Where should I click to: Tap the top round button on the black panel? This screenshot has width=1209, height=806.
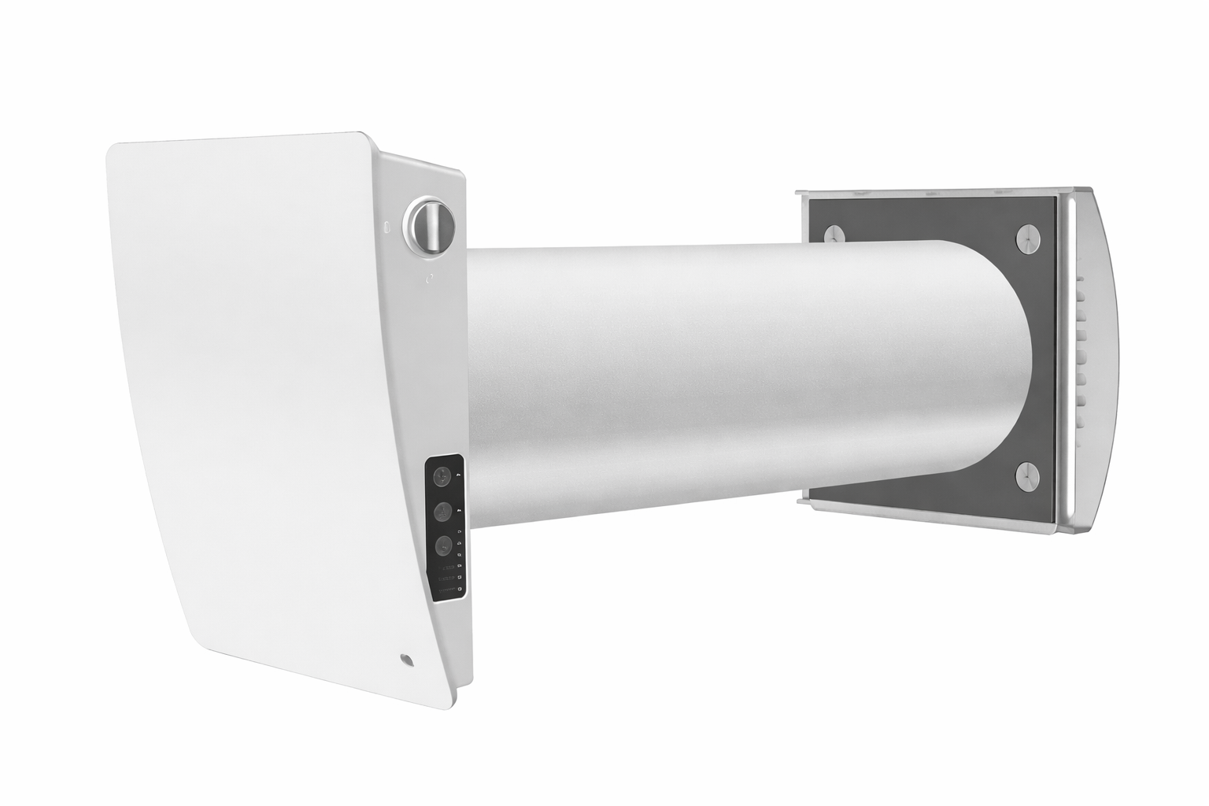[x=442, y=476]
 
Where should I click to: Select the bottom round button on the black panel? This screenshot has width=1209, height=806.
[x=442, y=545]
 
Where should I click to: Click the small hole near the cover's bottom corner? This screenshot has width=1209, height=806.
[x=405, y=657]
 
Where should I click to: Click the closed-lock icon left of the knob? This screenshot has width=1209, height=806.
[x=386, y=226]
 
